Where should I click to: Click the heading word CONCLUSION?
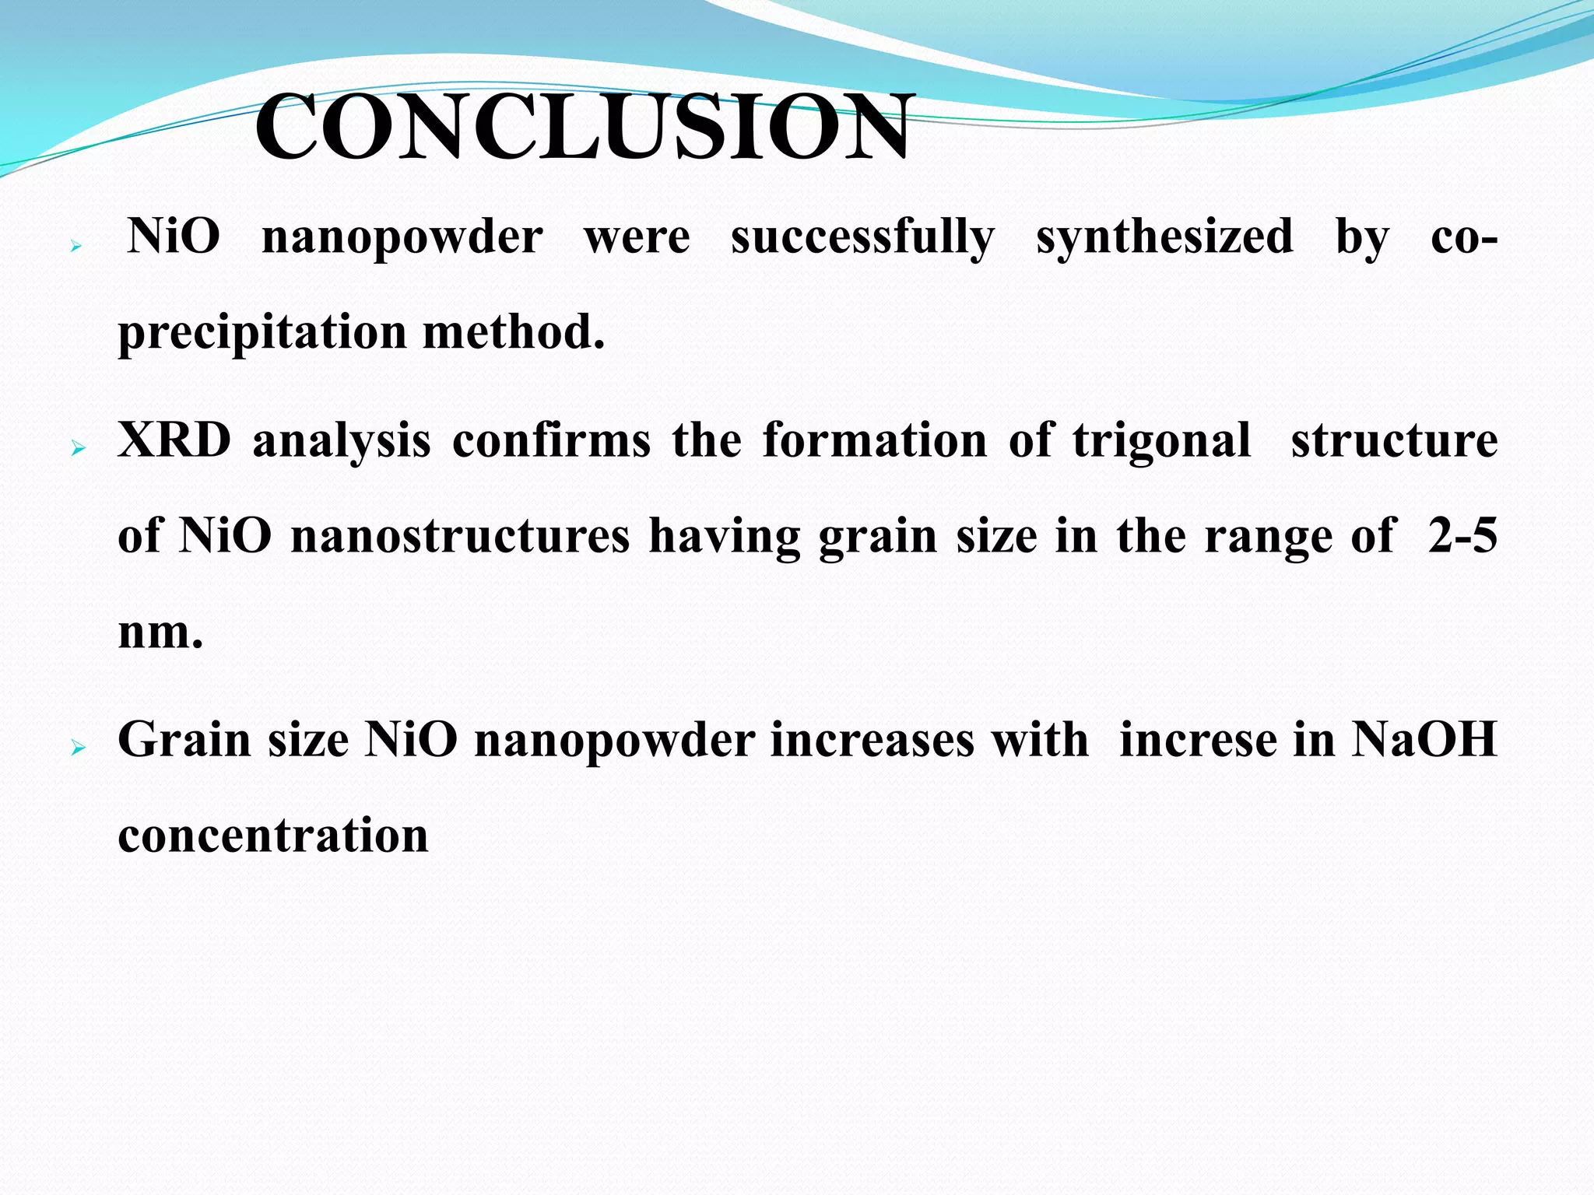581,128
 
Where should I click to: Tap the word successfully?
862,237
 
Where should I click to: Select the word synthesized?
1164,237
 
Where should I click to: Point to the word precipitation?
262,333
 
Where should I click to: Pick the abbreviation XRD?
174,440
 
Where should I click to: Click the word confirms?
551,440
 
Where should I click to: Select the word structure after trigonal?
1394,440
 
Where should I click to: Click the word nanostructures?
460,536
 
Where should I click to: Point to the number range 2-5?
1462,536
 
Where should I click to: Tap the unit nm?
160,632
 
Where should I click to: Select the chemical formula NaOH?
1424,739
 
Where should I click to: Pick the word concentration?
273,836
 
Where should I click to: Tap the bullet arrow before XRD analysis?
76,449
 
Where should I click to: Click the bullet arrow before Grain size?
76,748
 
